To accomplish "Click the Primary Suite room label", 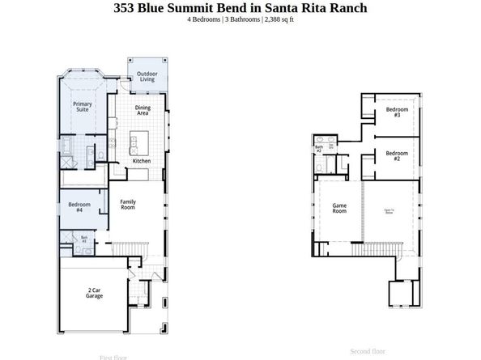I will coord(83,107).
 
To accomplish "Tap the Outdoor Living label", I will coord(146,77).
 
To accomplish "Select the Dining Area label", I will coord(143,110).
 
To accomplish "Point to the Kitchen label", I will coord(142,161).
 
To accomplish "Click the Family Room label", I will coord(128,205).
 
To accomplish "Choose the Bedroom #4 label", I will coord(79,208).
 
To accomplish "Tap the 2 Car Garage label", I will coord(95,294).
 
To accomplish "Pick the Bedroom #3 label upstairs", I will coord(396,112).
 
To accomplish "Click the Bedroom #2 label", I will coord(396,157).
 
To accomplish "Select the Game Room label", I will coord(339,209).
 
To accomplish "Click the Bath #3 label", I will coord(83,239).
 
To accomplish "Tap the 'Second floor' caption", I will coord(368,351).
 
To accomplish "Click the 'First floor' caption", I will coord(113,357).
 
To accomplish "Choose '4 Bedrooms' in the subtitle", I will coord(204,19).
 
